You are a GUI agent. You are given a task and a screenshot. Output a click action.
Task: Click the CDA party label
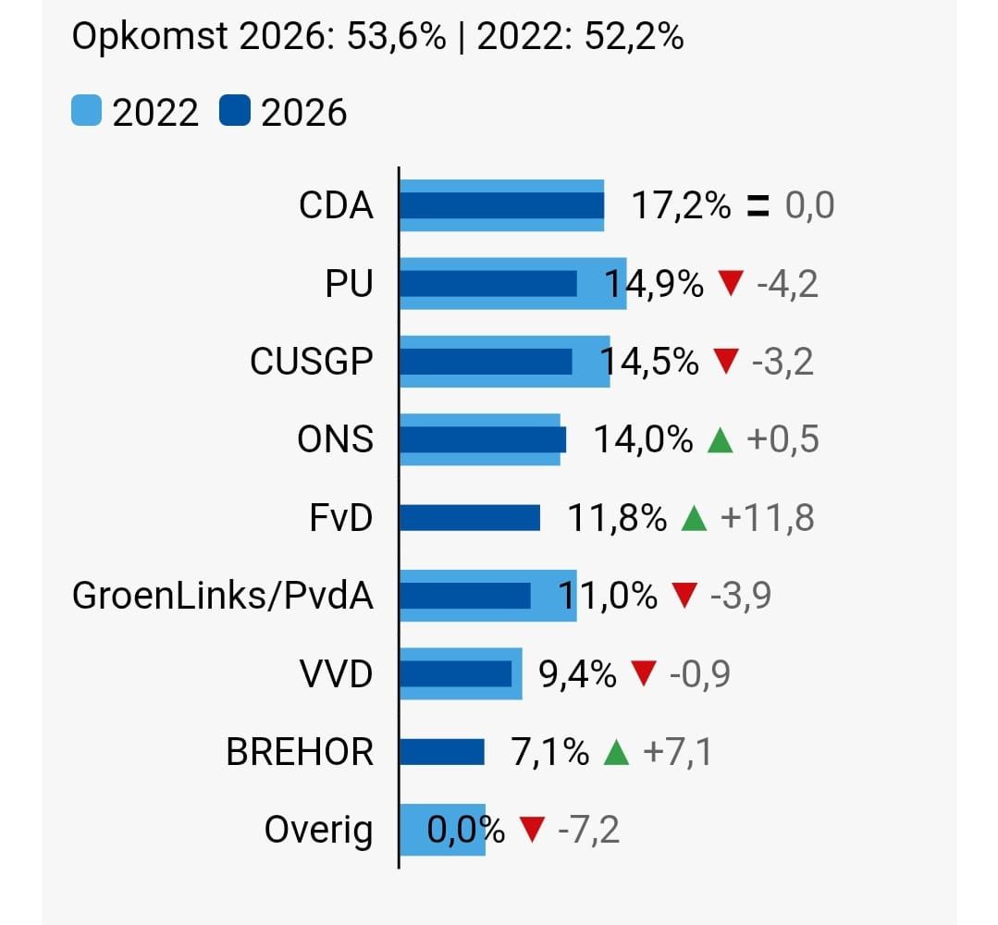click(x=336, y=205)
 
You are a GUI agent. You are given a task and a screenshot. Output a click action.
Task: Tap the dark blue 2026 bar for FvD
click(x=469, y=518)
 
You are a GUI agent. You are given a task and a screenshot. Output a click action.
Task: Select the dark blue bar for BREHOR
click(x=441, y=752)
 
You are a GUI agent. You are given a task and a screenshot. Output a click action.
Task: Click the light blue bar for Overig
click(x=442, y=830)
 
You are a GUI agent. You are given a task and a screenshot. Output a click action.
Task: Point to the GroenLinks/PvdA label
click(x=222, y=597)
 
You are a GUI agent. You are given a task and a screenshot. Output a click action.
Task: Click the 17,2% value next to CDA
click(x=681, y=205)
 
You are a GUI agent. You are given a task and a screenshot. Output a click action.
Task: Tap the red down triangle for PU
click(x=731, y=284)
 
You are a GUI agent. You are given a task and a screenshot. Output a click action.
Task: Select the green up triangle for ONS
click(x=720, y=440)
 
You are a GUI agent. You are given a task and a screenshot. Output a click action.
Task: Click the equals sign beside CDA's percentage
click(x=758, y=205)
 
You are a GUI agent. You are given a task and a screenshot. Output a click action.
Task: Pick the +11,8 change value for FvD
click(x=767, y=518)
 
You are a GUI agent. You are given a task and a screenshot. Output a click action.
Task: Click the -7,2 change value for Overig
click(x=589, y=830)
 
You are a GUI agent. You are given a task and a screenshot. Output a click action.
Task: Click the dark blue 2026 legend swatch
click(x=235, y=112)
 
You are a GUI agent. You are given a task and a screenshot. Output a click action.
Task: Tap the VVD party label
click(x=336, y=674)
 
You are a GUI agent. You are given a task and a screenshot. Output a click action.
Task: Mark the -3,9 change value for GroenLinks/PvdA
click(x=740, y=597)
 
